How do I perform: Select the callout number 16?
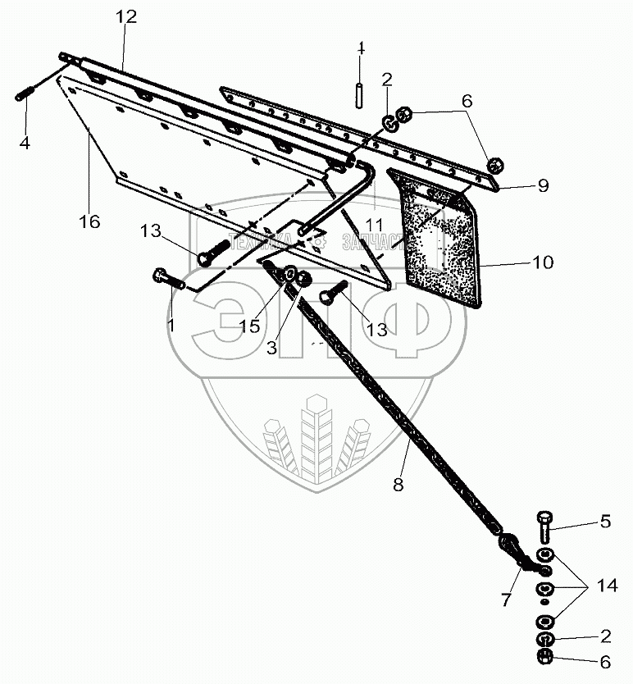(89, 221)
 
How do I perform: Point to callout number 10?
(543, 262)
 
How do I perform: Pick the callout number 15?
(250, 326)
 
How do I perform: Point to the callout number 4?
(25, 143)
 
